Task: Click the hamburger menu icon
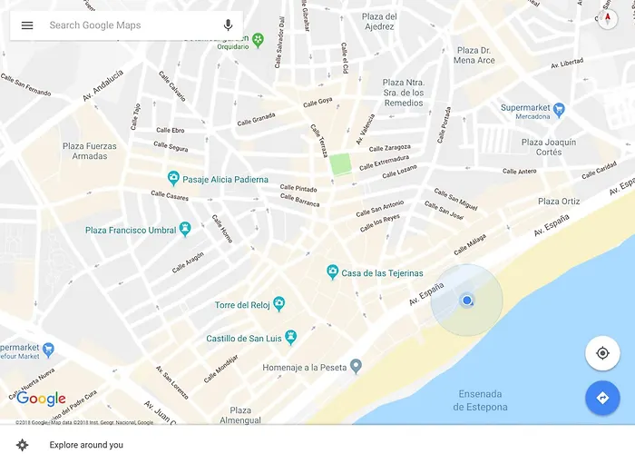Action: [x=27, y=25]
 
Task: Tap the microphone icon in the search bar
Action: [x=228, y=25]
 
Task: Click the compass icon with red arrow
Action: [x=608, y=19]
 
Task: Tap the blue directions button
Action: [x=601, y=398]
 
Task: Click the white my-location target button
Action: [x=601, y=353]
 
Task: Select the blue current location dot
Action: [x=466, y=301]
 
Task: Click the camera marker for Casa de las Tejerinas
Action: [x=333, y=272]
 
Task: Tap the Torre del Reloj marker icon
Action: [x=279, y=304]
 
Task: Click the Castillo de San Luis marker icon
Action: [x=290, y=338]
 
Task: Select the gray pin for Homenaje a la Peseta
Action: [x=357, y=366]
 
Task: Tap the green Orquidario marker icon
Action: [x=259, y=39]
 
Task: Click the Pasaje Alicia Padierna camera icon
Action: [x=173, y=179]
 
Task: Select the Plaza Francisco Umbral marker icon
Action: [x=185, y=229]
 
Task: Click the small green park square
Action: [x=340, y=164]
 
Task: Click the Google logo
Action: [x=41, y=399]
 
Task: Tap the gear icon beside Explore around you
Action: [x=23, y=444]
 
